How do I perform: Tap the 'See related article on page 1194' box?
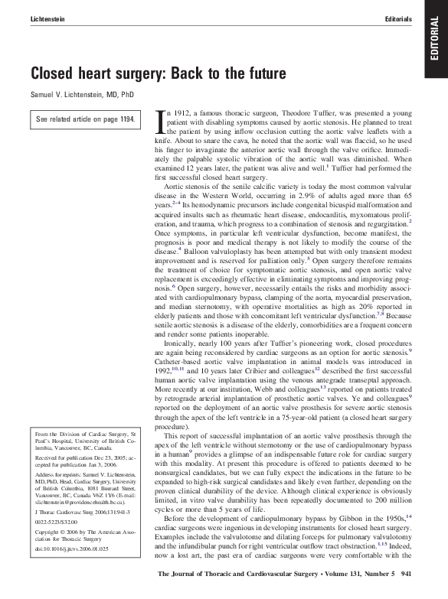point(86,119)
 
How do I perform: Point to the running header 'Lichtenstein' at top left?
point(49,18)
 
